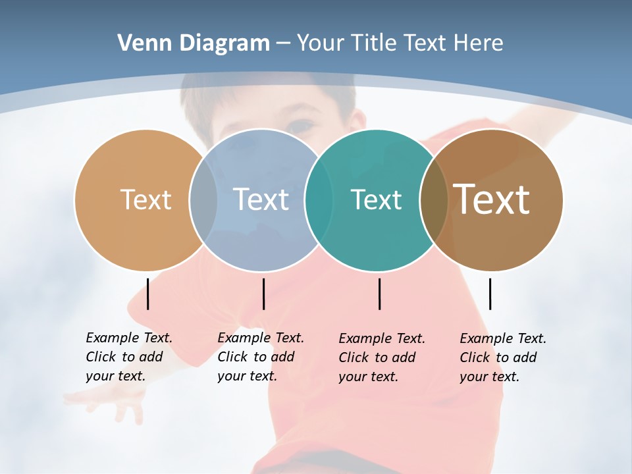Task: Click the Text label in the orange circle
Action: click(x=145, y=199)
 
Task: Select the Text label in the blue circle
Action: click(x=261, y=199)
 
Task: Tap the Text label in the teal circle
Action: click(x=376, y=199)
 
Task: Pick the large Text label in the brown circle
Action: click(x=492, y=199)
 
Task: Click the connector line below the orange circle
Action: click(x=148, y=294)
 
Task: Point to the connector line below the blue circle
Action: click(x=263, y=294)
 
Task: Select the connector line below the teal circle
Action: click(x=379, y=294)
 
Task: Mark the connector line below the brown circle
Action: click(x=490, y=294)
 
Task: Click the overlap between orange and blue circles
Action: click(x=203, y=200)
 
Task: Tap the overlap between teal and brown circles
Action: click(x=434, y=200)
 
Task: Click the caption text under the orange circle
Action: click(x=129, y=357)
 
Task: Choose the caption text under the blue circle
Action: click(x=261, y=357)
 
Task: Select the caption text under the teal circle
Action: click(x=382, y=357)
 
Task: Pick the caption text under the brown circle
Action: click(x=503, y=357)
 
